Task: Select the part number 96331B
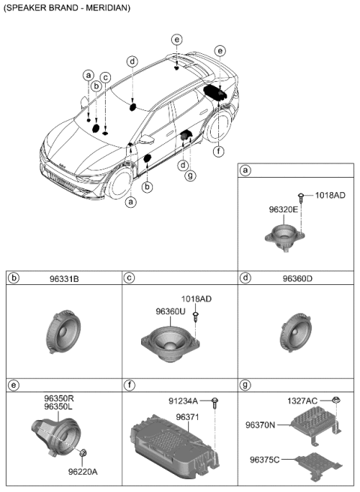(64, 279)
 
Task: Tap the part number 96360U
(169, 310)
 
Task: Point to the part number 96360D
(297, 279)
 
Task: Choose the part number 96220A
(82, 472)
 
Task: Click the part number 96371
(187, 416)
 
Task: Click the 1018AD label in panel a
(329, 195)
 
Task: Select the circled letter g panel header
(244, 385)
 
